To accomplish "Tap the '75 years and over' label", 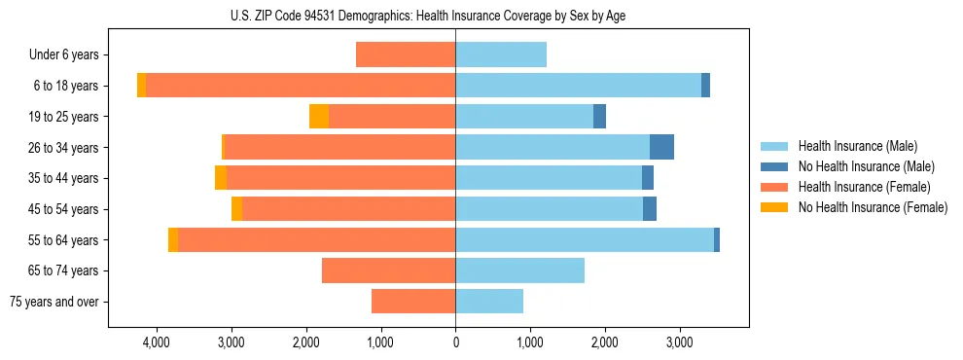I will [54, 302].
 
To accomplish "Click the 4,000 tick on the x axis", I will [157, 343].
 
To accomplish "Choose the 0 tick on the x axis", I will [455, 343].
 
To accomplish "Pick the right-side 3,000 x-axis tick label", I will [679, 343].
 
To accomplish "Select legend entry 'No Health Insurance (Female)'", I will [873, 207].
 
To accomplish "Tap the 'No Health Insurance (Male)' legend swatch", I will [774, 166].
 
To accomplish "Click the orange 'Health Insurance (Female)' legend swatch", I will [774, 187].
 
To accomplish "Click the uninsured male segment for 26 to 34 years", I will [661, 147].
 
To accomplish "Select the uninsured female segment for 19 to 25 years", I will [319, 117].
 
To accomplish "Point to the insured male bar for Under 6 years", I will [501, 55].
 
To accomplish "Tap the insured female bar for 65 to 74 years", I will [389, 270].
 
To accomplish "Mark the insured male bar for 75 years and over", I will [489, 302].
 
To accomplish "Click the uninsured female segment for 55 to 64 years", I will [173, 240].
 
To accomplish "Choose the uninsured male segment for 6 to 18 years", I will [705, 86].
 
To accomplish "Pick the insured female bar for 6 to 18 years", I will [301, 86].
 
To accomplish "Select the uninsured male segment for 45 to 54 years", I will [650, 209].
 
